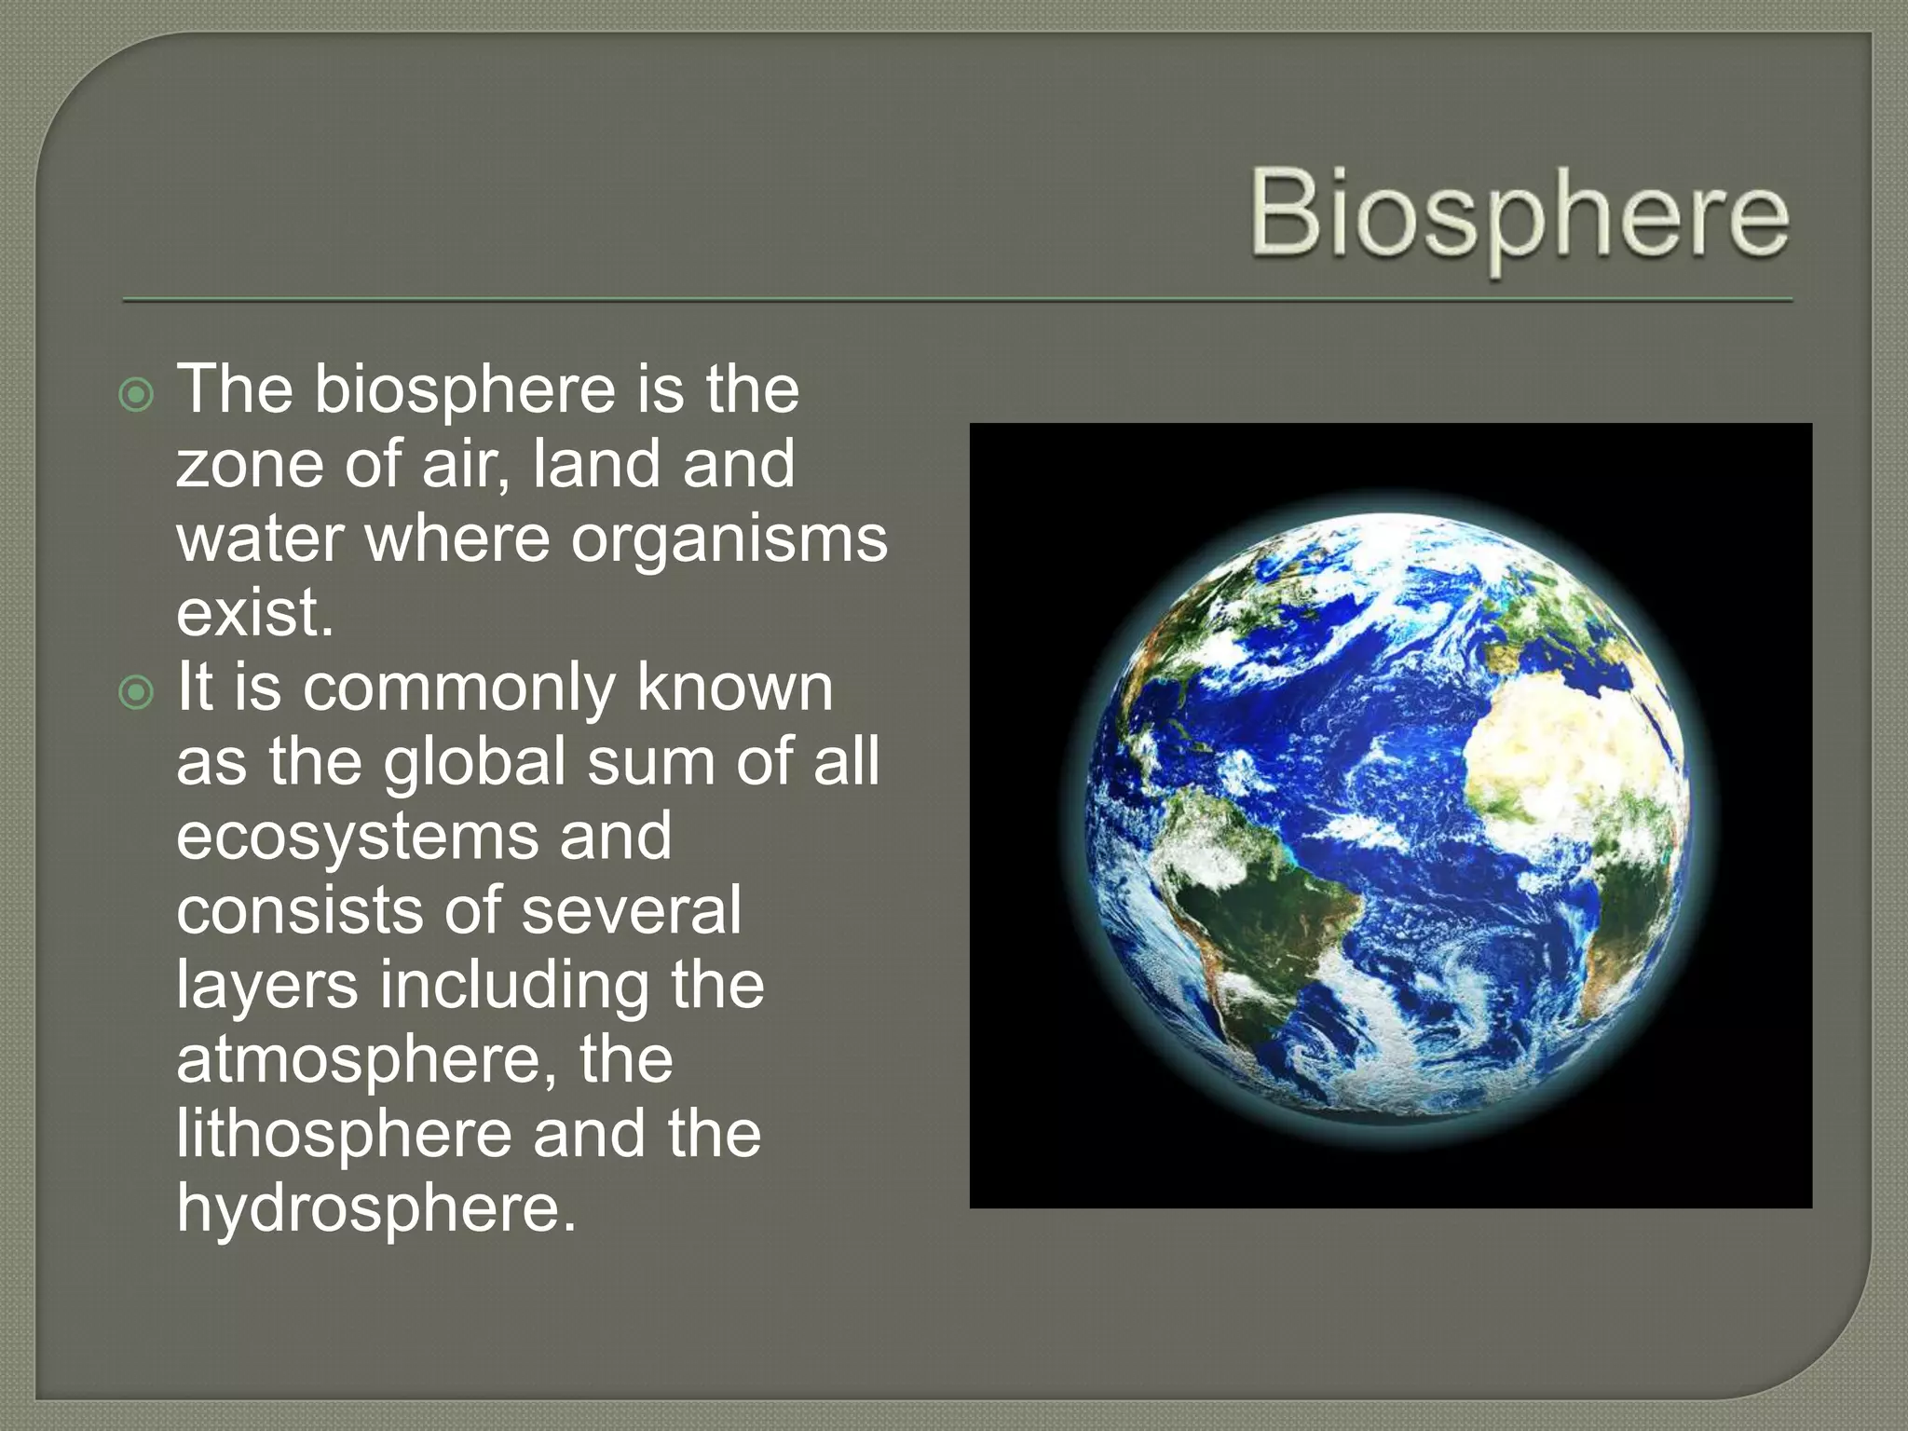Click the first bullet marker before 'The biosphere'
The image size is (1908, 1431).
point(137,395)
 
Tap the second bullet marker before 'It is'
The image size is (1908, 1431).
point(137,693)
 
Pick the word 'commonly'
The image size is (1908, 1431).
point(458,689)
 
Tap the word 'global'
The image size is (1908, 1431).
point(475,762)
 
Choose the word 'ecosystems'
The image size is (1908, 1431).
point(357,837)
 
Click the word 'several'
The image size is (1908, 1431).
point(632,911)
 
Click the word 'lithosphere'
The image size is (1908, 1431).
point(344,1135)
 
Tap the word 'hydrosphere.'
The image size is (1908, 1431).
point(376,1209)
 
